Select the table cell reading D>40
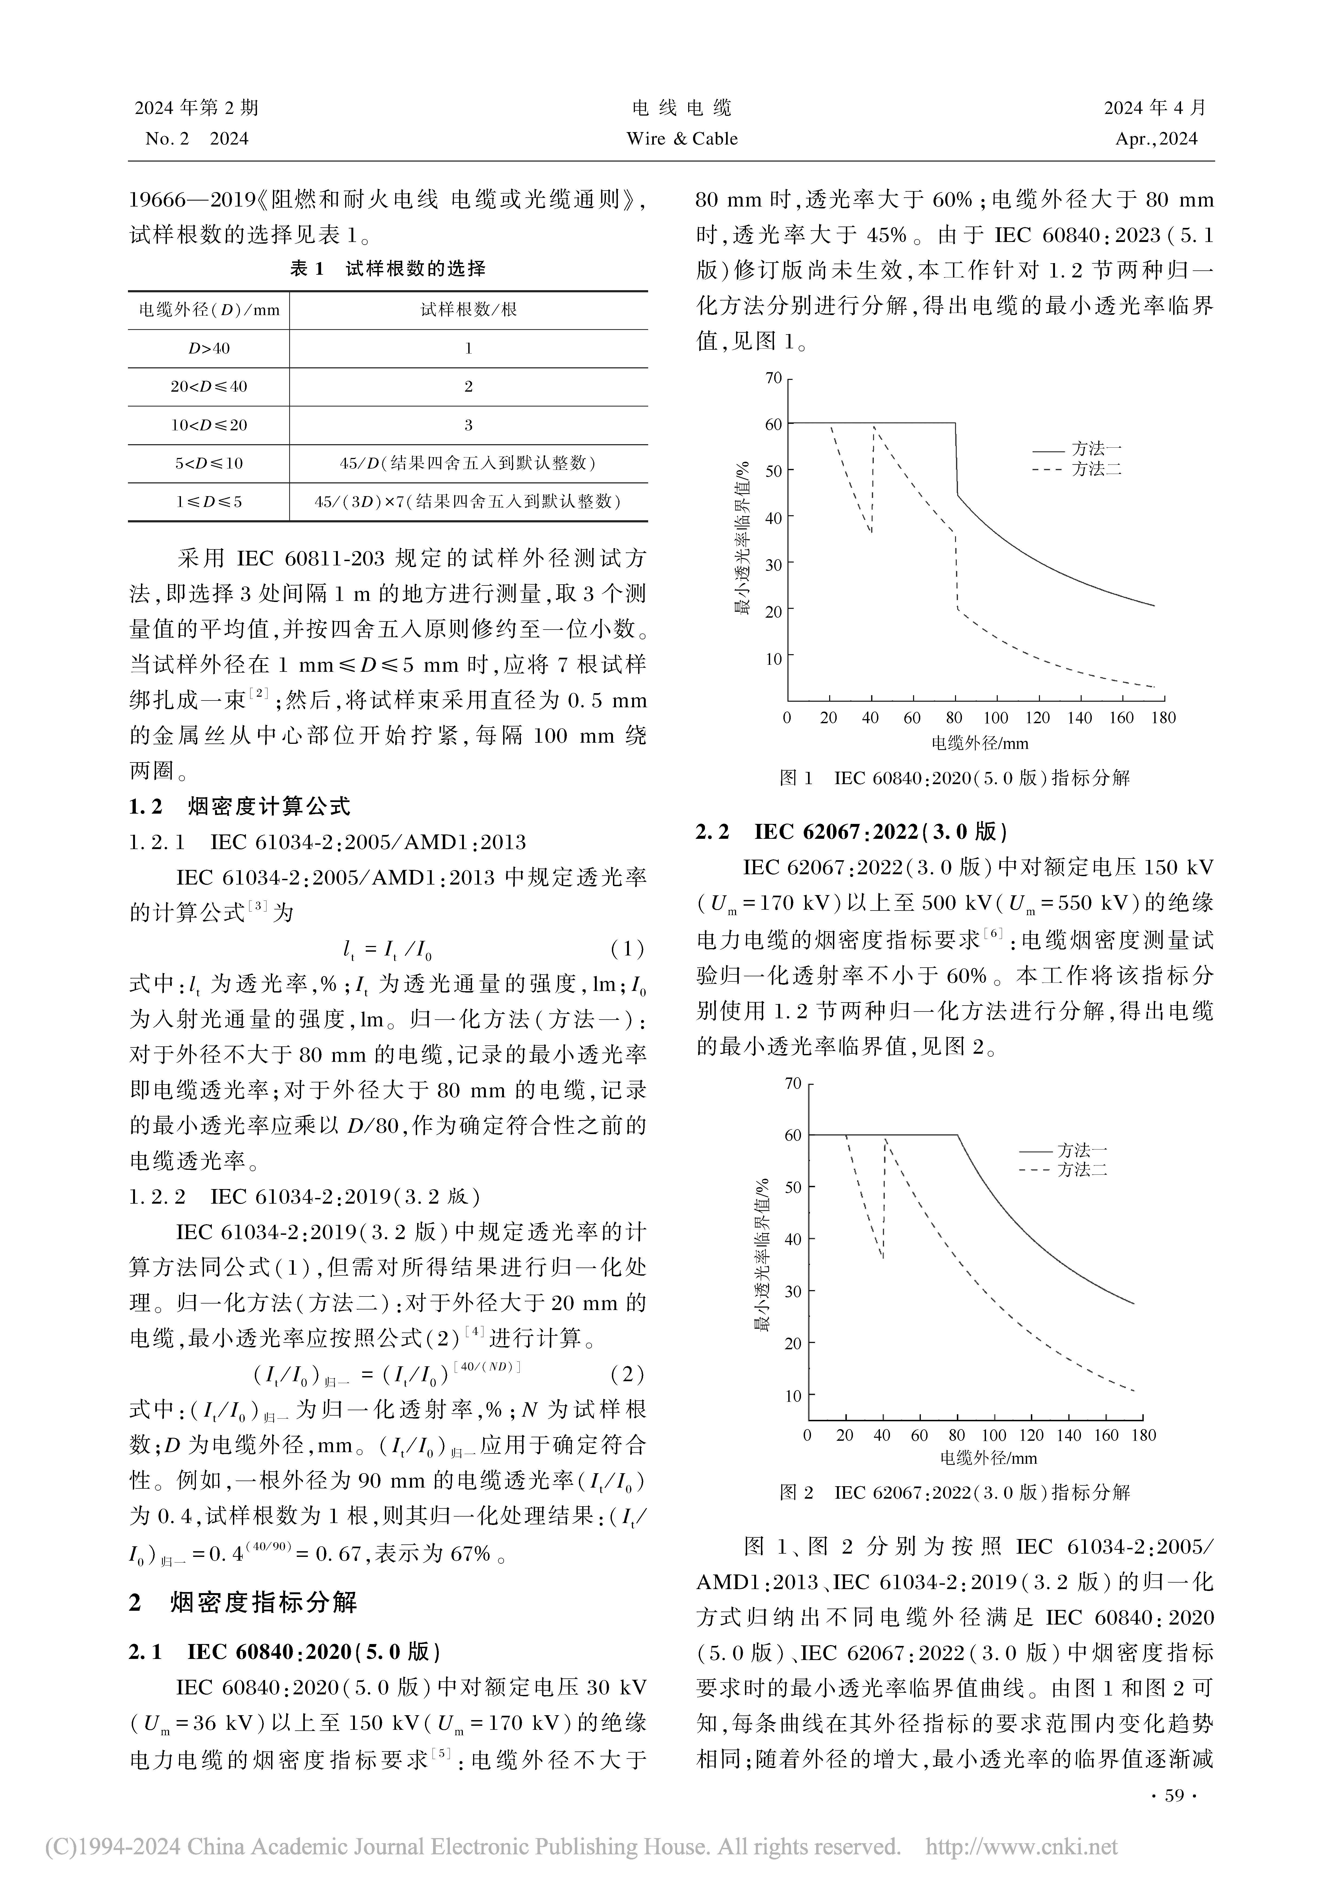[208, 348]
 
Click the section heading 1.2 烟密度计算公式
[240, 806]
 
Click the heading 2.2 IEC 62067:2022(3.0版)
[852, 832]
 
